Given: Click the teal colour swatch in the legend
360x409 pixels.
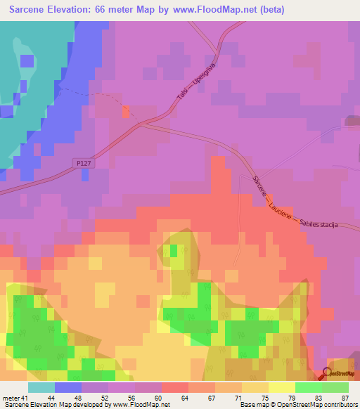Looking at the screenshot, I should [x=41, y=388].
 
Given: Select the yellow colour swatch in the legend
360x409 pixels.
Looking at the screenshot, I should [x=281, y=388].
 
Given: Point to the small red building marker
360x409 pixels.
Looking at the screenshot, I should [x=126, y=111].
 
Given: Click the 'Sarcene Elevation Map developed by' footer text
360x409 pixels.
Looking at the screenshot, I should [x=56, y=405].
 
